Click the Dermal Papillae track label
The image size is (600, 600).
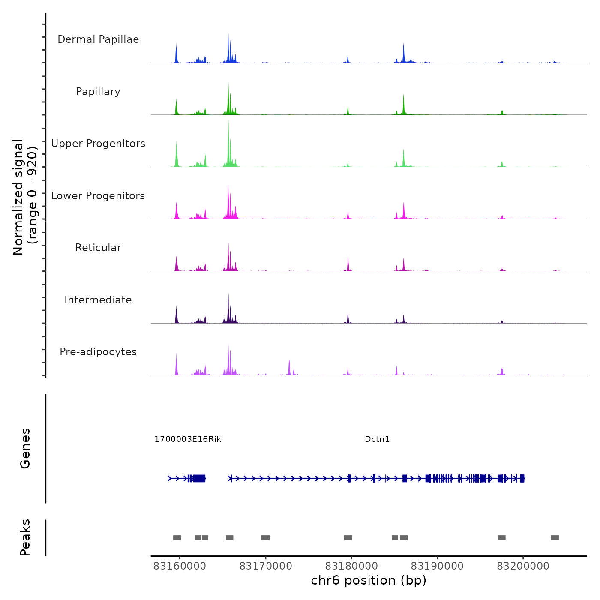click(98, 39)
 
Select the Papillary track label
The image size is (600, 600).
click(98, 92)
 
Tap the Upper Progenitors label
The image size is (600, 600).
click(98, 144)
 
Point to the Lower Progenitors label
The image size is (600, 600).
click(98, 196)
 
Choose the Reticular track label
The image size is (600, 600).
click(98, 248)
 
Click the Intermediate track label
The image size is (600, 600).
click(98, 300)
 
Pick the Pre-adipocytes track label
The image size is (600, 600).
click(98, 352)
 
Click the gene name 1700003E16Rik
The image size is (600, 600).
click(188, 439)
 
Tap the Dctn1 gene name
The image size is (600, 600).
click(377, 439)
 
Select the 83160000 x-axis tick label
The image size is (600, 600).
click(180, 566)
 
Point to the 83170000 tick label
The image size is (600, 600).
click(266, 566)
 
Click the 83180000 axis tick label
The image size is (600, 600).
click(351, 566)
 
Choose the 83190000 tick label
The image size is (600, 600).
click(437, 566)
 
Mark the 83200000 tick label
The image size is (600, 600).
click(523, 566)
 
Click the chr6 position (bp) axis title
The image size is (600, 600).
click(369, 580)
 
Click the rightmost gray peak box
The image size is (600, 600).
click(555, 538)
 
